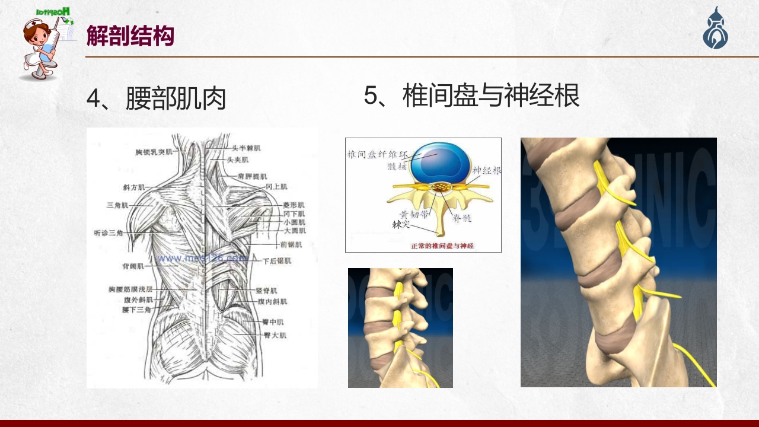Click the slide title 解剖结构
130,36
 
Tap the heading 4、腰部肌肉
157,98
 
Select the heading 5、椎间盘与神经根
471,95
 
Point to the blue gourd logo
716,28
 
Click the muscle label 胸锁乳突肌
154,152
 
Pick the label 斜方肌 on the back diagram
133,187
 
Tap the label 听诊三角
108,232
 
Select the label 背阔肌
133,266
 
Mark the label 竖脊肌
266,291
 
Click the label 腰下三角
136,309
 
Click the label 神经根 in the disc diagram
486,170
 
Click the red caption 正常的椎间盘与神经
442,246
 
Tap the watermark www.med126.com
202,259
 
